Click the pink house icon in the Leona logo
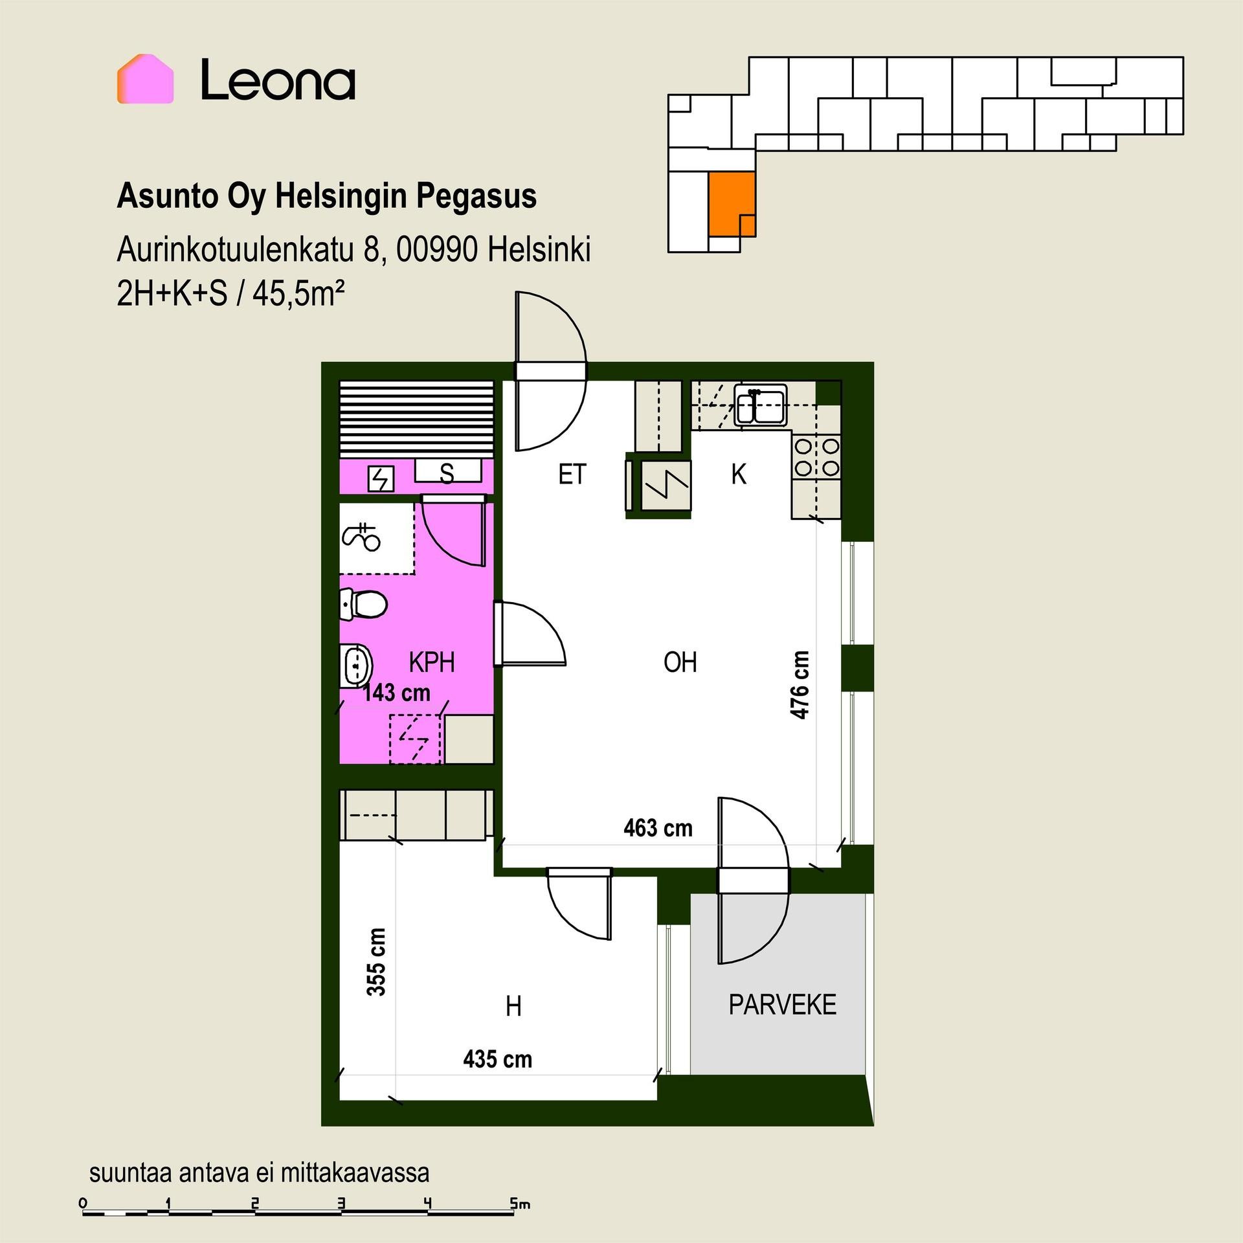click(x=145, y=79)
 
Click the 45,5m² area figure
click(x=298, y=294)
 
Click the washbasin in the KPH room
click(x=356, y=664)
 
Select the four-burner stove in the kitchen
click(x=816, y=457)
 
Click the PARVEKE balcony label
click(x=782, y=1005)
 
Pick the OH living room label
click(x=680, y=662)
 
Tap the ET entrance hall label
click(x=572, y=475)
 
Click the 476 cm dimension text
click(x=800, y=685)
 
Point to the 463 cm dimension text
click(x=658, y=828)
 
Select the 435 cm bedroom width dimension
click(x=497, y=1060)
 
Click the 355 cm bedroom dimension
click(x=376, y=963)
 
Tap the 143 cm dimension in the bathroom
click(x=396, y=693)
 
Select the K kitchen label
click(x=739, y=475)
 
